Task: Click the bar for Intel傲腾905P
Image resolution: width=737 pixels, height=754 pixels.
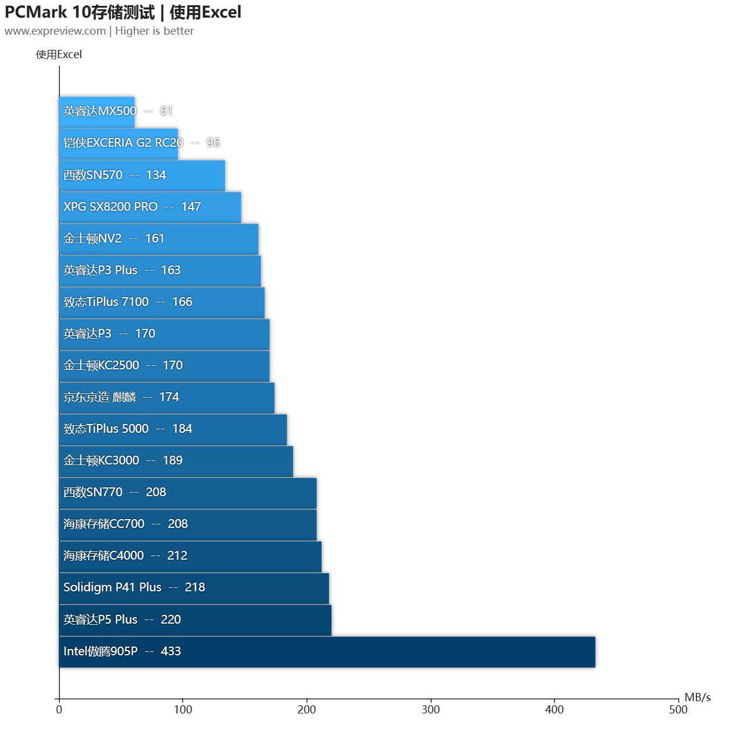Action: click(x=327, y=652)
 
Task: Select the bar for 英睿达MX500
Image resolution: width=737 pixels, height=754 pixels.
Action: click(x=97, y=112)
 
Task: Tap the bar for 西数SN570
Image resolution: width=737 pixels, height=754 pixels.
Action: click(x=142, y=175)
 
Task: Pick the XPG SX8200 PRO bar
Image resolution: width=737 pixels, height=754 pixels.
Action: click(x=150, y=207)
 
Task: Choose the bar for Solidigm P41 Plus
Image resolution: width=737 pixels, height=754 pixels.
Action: click(x=194, y=588)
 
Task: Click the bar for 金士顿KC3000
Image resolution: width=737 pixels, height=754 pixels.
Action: click(x=176, y=461)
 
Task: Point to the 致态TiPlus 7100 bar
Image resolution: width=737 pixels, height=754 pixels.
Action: click(x=161, y=302)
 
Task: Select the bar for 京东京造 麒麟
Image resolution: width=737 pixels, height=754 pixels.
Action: click(x=167, y=398)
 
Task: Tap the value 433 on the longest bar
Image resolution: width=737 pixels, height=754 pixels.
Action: click(x=171, y=651)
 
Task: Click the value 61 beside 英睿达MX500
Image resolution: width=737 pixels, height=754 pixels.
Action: click(x=166, y=111)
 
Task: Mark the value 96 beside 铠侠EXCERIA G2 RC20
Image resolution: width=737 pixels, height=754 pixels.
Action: click(x=213, y=143)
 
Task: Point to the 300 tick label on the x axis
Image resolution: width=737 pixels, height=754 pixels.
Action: click(x=430, y=709)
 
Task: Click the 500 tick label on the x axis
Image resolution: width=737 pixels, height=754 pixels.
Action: click(x=678, y=709)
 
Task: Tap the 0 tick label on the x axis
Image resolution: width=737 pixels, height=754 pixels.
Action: click(x=59, y=709)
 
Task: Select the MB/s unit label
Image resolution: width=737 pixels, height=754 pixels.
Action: click(x=697, y=697)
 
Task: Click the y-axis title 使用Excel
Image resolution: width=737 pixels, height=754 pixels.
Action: click(x=59, y=55)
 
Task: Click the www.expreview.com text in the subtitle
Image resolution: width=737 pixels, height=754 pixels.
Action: click(x=55, y=31)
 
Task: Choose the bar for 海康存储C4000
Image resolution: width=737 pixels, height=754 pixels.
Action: click(x=190, y=556)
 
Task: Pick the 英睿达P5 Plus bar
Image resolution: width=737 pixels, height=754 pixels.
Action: click(x=195, y=620)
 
